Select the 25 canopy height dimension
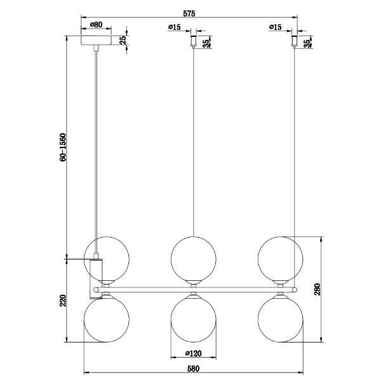pyautogui.click(x=123, y=40)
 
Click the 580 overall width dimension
pyautogui.click(x=194, y=368)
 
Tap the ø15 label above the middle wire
pyautogui.click(x=175, y=27)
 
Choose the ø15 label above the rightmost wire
pyautogui.click(x=276, y=27)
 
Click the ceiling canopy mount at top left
pyautogui.click(x=97, y=41)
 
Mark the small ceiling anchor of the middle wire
pyautogui.click(x=194, y=41)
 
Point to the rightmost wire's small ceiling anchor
pyautogui.click(x=294, y=41)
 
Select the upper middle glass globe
pyautogui.click(x=194, y=257)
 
